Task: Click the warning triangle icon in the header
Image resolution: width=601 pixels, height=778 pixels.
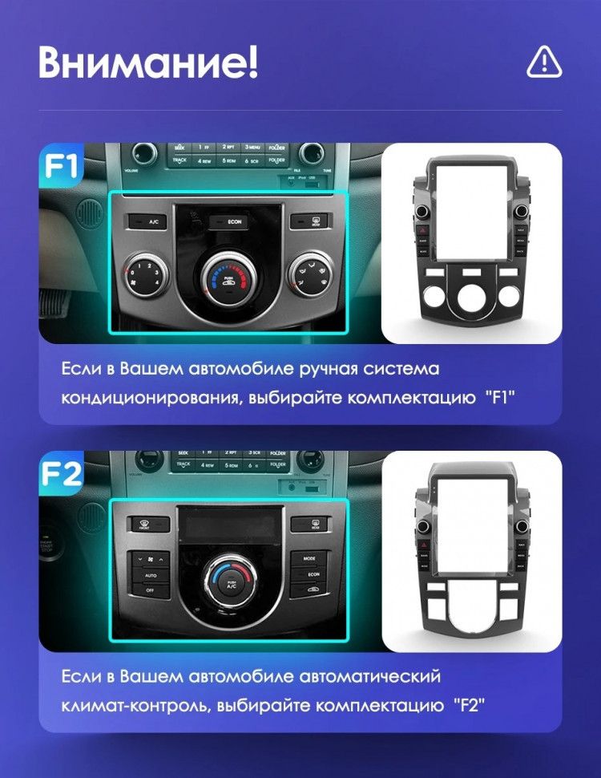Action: pyautogui.click(x=544, y=61)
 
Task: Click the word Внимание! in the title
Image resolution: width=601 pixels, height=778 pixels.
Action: pyautogui.click(x=148, y=62)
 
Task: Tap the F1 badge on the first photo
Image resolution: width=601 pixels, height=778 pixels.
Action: pyautogui.click(x=61, y=165)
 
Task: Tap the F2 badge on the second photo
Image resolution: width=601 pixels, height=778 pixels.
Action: pyautogui.click(x=61, y=473)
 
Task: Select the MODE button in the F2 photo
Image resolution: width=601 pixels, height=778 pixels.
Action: pyautogui.click(x=309, y=557)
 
